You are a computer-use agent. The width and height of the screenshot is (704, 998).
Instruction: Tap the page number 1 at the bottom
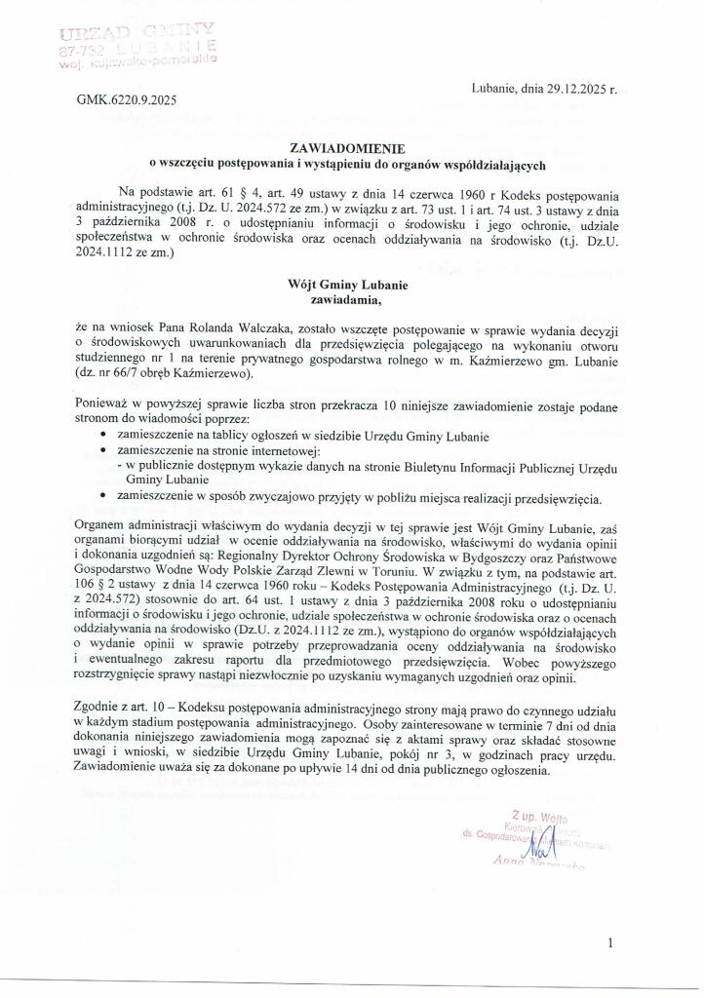[609, 943]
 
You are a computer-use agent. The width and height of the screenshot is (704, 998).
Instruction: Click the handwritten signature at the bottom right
[528, 839]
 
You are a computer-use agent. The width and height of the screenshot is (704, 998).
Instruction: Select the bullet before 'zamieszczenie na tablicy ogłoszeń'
[103, 436]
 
